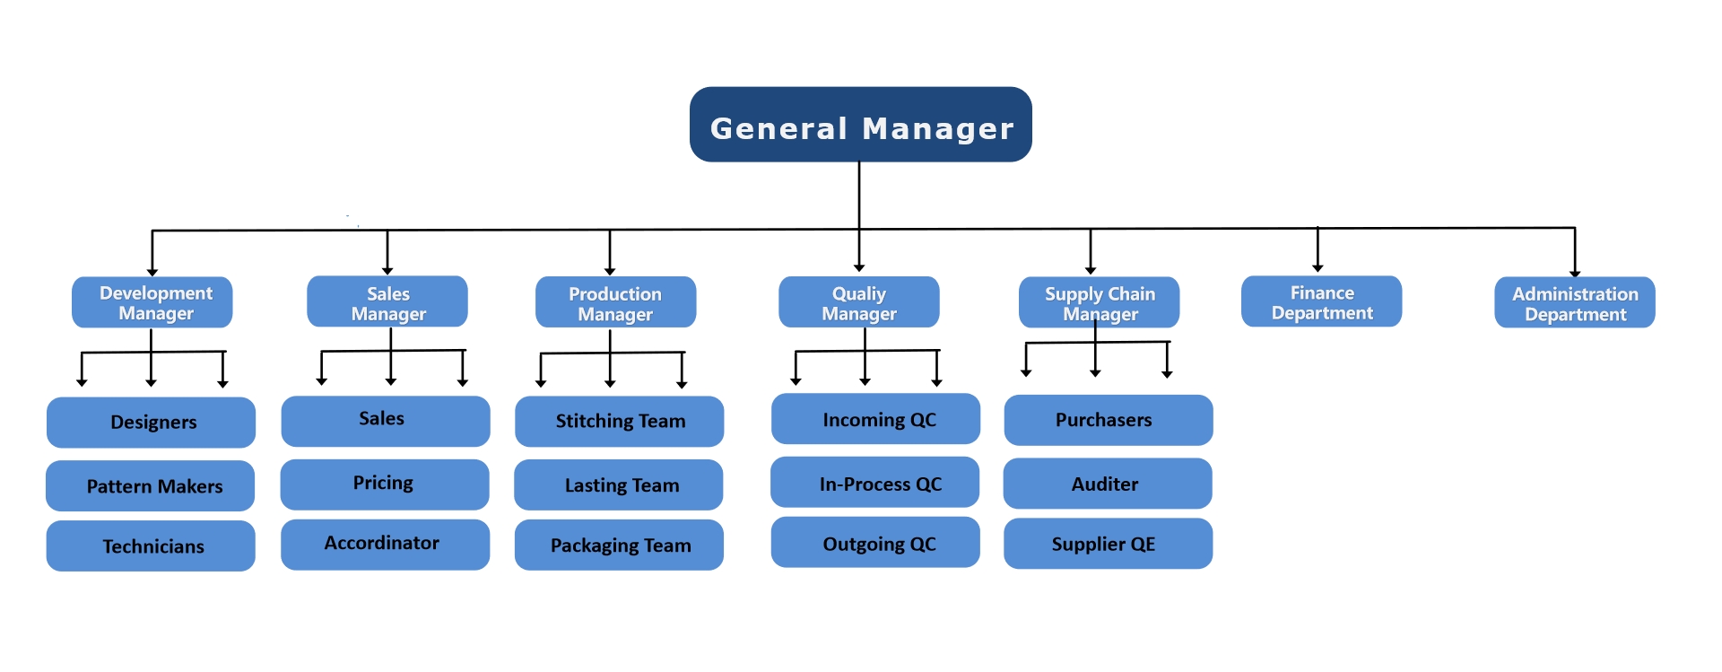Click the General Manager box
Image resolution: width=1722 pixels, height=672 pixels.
(860, 125)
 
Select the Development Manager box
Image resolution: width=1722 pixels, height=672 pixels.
(152, 302)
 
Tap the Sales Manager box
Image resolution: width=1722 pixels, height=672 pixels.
(387, 301)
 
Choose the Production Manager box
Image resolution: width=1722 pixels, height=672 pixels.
(615, 302)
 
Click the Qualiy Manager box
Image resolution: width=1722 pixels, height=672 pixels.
(859, 302)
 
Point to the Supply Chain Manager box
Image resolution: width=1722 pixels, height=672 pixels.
(1100, 302)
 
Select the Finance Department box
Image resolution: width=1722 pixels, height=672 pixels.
(1322, 301)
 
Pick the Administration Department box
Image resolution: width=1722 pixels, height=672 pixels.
(1575, 302)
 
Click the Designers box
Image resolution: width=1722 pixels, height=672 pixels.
(151, 423)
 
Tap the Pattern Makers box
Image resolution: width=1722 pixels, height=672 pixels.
(151, 486)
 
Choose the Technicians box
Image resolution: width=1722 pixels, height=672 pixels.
(151, 546)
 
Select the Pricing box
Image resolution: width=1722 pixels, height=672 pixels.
(385, 484)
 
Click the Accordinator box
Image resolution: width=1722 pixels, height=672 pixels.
(386, 545)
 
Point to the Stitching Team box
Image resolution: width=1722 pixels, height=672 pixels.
(620, 422)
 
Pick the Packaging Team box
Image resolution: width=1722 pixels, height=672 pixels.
(619, 545)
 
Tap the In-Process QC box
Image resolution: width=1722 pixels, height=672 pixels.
(875, 483)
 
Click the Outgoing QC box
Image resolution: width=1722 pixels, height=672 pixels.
(875, 542)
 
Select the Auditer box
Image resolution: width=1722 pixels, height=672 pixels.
(1108, 484)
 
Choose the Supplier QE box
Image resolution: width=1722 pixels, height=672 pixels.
(1109, 544)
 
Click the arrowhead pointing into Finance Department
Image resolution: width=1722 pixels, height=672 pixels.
(1318, 267)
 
